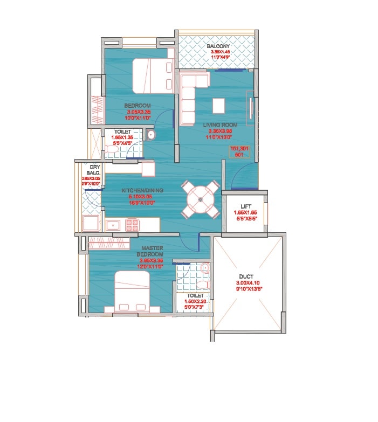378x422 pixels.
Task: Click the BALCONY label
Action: [x=218, y=46]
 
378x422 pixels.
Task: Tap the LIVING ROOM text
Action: [x=219, y=125]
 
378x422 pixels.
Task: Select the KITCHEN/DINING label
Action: [x=142, y=190]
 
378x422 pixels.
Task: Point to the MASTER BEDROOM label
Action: [x=152, y=251]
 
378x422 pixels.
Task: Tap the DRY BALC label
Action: [x=95, y=170]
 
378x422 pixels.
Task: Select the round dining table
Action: [x=200, y=199]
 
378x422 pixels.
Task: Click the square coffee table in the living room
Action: [x=218, y=106]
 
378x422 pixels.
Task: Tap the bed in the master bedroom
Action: [x=132, y=291]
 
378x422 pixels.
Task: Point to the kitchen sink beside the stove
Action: [x=113, y=225]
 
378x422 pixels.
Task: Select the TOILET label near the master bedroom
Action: [x=195, y=296]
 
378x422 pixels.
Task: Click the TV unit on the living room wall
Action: [x=250, y=108]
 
